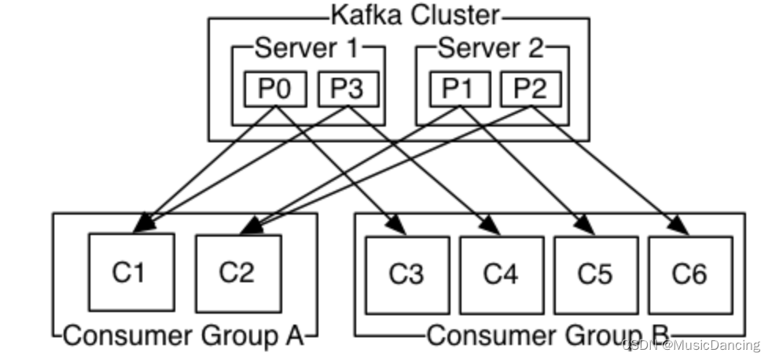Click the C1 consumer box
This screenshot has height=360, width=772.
coord(131,272)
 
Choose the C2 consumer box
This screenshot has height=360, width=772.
coord(237,272)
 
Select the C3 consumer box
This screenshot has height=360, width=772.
coord(406,274)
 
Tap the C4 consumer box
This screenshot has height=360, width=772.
coord(502,274)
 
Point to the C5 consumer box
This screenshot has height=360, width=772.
coord(595,274)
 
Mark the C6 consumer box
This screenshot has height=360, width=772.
coord(689,274)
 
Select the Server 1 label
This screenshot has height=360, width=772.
coord(307,49)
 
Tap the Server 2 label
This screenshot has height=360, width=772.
coord(491,49)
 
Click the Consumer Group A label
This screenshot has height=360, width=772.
coord(182,336)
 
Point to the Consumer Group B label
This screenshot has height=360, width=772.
coord(548,336)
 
